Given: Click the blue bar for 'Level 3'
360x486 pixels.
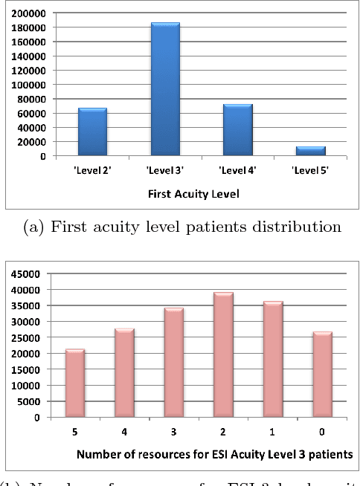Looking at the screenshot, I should click(x=165, y=89).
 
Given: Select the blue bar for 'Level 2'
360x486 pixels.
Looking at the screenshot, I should click(x=93, y=132).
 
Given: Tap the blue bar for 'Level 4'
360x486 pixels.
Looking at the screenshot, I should click(x=238, y=130).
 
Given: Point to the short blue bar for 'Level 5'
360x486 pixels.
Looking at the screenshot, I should click(x=311, y=152).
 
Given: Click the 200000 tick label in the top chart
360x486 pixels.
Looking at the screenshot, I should click(x=28, y=13).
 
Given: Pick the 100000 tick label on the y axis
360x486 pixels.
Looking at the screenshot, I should click(x=28, y=85).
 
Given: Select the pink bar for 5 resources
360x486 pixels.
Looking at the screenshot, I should click(x=75, y=383).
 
